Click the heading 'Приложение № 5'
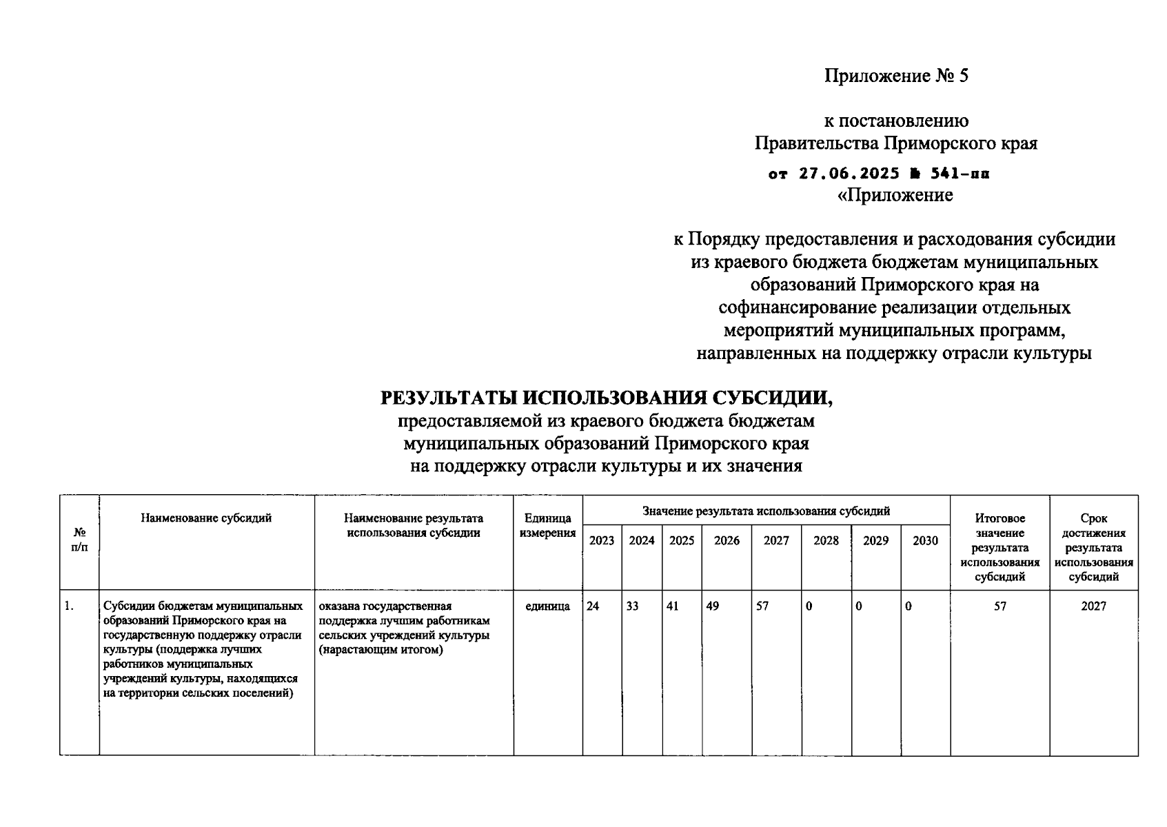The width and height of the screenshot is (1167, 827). (896, 76)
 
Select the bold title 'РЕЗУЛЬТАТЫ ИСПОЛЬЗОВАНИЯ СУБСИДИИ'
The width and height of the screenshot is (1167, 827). (607, 398)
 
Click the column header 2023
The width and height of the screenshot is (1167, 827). (602, 541)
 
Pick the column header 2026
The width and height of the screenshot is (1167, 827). (727, 541)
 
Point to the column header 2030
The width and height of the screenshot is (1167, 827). (925, 541)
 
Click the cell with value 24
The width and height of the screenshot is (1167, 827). (593, 606)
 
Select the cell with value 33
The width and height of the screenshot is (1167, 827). (632, 606)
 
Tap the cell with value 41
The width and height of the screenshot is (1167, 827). (673, 606)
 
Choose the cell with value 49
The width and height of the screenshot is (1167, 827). (713, 606)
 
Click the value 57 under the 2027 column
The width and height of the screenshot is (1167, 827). (762, 606)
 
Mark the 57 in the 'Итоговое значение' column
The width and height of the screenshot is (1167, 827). (999, 606)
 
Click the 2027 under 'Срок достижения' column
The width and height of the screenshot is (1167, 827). (1093, 606)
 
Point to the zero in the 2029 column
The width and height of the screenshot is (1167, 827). (859, 606)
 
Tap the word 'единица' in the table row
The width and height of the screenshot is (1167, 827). (547, 606)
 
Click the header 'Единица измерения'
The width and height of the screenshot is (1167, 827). (547, 525)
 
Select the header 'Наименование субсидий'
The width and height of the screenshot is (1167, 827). (206, 518)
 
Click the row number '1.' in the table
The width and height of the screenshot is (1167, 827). (68, 606)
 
